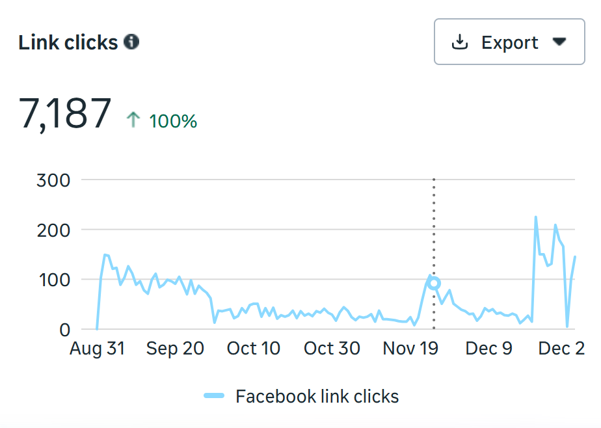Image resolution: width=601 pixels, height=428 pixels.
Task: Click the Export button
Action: pos(509,42)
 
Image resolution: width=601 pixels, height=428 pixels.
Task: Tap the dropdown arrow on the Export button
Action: pos(559,42)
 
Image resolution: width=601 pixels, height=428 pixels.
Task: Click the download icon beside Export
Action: pos(460,42)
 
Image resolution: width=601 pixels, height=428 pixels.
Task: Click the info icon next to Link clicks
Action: pos(131,42)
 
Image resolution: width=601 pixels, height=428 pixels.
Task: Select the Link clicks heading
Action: pos(68,43)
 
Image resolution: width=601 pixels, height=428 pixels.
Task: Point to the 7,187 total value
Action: pos(65,114)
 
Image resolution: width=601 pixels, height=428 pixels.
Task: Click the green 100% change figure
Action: pos(173,121)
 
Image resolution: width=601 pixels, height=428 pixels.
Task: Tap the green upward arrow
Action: pos(133,120)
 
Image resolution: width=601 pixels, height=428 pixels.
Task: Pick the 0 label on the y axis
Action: pos(64,330)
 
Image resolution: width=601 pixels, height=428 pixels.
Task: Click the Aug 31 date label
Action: pos(97,349)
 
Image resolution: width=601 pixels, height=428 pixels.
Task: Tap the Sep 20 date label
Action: pos(175,349)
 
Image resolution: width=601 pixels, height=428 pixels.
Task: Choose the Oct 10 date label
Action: pos(254,349)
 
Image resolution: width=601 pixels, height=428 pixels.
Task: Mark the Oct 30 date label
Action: pos(332,349)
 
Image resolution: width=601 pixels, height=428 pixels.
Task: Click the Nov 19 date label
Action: pos(410,349)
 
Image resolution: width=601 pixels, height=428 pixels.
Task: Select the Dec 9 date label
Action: pos(488,349)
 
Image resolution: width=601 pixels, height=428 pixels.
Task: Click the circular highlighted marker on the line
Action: pos(434,283)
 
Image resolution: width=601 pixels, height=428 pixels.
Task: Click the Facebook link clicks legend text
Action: pos(317,396)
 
